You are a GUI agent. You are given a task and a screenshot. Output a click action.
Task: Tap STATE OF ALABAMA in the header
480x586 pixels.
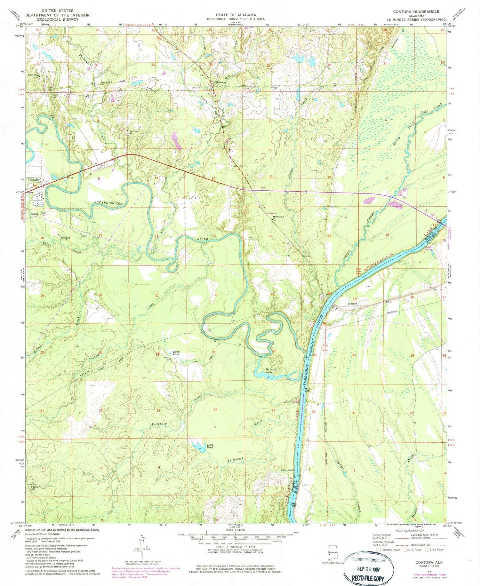[236, 15]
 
